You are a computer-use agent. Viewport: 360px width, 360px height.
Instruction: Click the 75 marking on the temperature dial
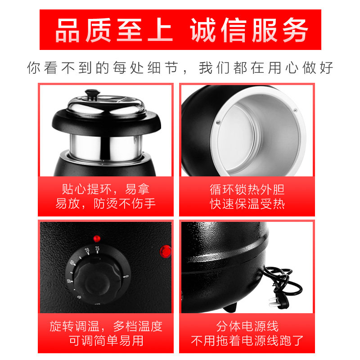coord(97,249)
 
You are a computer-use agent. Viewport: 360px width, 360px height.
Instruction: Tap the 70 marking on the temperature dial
coord(87,251)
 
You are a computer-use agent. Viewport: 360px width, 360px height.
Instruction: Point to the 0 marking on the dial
coord(126,276)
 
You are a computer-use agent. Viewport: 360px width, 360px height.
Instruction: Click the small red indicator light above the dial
coord(97,238)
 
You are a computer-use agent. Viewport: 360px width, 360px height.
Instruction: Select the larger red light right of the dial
coord(166,252)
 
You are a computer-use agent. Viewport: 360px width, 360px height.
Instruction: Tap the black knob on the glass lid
coord(93,94)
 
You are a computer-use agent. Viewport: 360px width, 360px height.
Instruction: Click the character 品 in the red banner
coord(67,30)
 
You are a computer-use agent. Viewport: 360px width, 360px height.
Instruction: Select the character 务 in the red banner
coord(295,30)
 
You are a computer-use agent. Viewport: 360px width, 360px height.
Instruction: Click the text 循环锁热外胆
coord(247,189)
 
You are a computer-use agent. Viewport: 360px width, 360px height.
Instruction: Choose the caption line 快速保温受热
coord(247,204)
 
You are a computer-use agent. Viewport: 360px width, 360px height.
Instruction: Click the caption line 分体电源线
coord(247,326)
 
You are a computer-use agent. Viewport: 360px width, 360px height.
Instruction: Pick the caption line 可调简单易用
coord(106,341)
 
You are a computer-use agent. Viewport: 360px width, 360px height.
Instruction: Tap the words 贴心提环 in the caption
coord(86,189)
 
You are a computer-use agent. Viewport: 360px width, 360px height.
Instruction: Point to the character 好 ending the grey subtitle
coord(327,68)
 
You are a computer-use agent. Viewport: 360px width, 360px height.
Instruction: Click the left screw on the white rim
coord(218,122)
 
